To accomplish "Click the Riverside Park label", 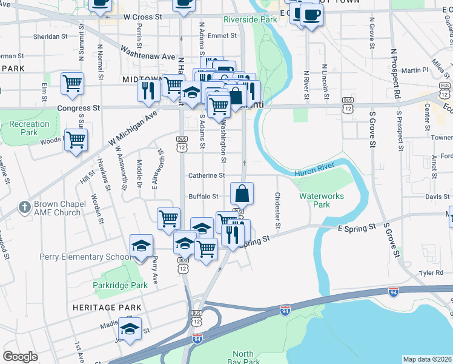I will coord(250,19).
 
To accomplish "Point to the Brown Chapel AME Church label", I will coord(58,209).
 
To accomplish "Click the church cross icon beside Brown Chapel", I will coord(24,207).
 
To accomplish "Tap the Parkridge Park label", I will coord(120,285).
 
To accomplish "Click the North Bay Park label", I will coord(243,358).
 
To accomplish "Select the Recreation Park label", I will coord(29,128).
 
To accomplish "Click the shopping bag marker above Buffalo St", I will coord(242,194).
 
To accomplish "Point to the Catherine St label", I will coord(206,175).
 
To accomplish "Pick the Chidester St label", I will coord(277,211).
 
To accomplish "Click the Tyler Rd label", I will coord(435,273).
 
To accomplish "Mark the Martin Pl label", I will coord(418,70).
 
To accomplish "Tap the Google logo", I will coord(20,357).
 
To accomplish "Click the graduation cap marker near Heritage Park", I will coord(129,329).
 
